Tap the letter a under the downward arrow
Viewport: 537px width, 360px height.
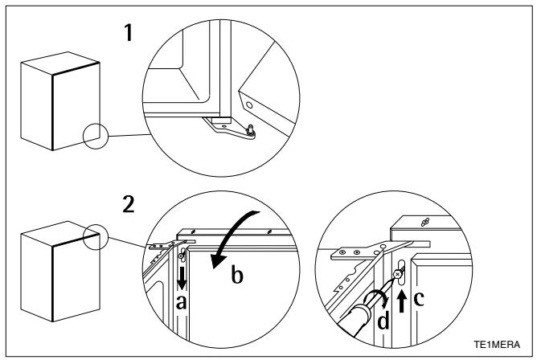(x=181, y=301)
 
